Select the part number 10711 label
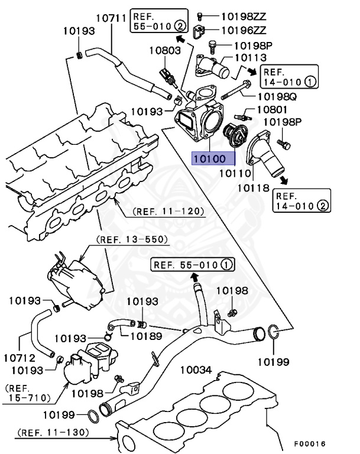pos(111,18)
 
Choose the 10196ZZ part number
pos(243,29)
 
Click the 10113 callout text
pos(251,58)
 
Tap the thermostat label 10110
pos(236,174)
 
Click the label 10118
pos(254,189)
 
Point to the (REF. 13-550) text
pos(132,239)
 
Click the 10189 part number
pos(146,336)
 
